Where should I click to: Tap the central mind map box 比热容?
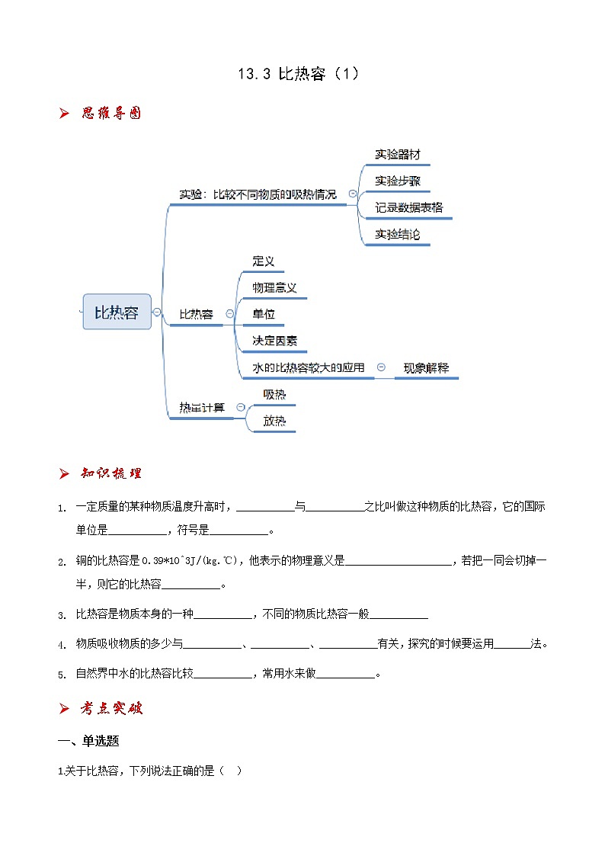117,312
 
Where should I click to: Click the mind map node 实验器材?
397,154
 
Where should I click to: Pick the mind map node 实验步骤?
397,181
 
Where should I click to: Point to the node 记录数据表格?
409,207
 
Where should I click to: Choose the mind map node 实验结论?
397,234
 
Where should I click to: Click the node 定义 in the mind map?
264,261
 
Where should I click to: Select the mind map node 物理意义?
274,287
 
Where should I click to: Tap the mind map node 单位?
264,314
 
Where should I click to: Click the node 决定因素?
274,340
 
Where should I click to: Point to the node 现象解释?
426,367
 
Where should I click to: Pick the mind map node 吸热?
274,394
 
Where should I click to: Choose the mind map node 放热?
274,420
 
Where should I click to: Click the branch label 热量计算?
202,407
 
